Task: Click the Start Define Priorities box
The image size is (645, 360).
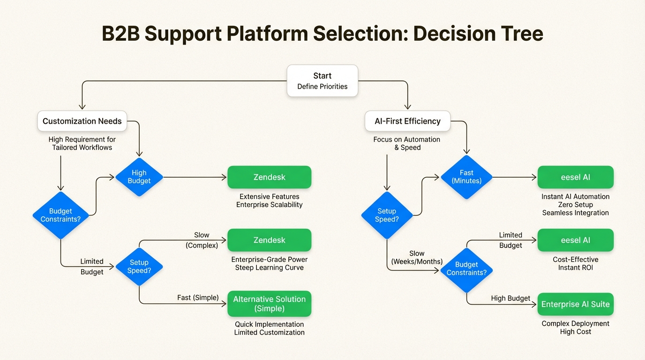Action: click(322, 81)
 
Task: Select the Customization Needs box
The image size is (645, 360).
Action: click(82, 121)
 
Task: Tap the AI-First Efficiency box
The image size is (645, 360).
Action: click(407, 121)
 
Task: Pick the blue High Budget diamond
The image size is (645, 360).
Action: click(139, 177)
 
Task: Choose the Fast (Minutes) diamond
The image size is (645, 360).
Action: click(466, 177)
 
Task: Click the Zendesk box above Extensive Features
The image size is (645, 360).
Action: click(269, 177)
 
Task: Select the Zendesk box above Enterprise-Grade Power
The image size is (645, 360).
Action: click(269, 240)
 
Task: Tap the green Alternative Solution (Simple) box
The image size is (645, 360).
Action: click(269, 304)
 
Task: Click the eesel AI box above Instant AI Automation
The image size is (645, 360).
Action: click(575, 177)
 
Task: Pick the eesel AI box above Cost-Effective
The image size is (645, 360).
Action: click(575, 240)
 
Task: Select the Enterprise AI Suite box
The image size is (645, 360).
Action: click(575, 304)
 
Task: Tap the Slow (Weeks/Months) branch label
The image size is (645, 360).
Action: click(417, 257)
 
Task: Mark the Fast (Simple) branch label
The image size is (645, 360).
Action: click(198, 298)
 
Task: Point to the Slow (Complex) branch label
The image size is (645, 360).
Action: click(202, 240)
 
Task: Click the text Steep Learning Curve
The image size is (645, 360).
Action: click(269, 268)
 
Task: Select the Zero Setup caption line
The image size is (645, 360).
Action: click(575, 205)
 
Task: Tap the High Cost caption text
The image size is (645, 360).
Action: click(575, 332)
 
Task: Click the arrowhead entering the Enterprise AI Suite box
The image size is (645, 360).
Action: click(534, 304)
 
